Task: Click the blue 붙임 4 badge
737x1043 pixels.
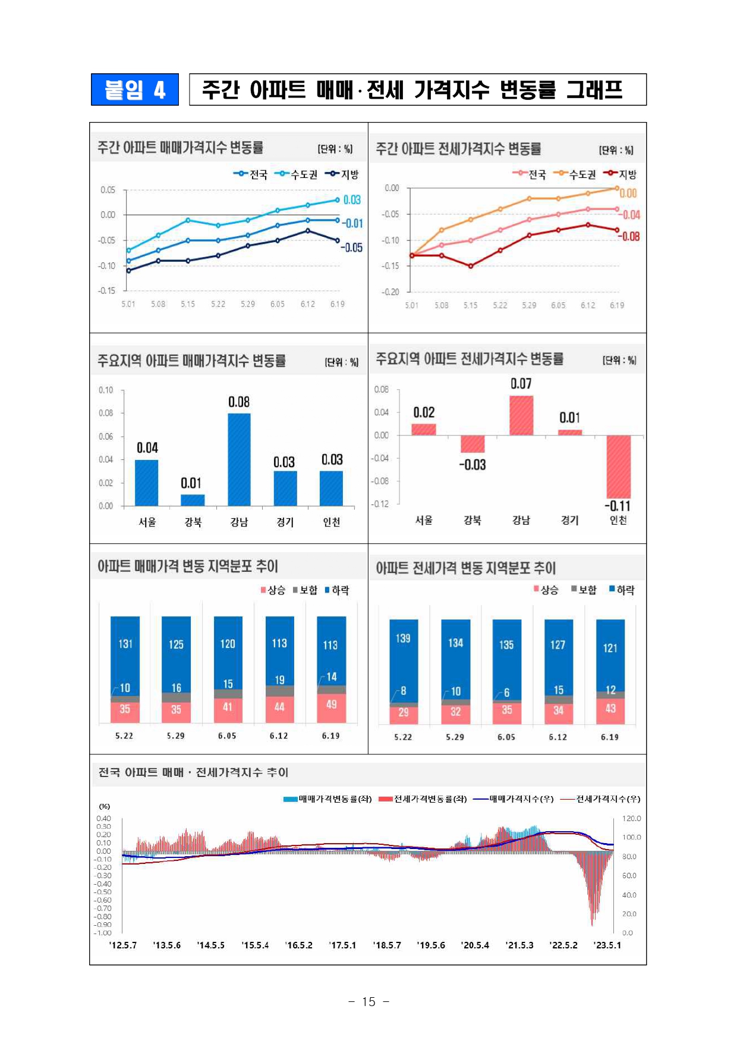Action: [134, 89]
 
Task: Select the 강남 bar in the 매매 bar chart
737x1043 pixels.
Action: [239, 459]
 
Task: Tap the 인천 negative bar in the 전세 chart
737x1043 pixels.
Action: [618, 466]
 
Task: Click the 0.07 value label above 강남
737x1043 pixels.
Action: [521, 384]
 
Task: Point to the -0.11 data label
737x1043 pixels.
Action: [618, 506]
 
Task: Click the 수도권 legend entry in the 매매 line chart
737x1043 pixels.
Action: [298, 174]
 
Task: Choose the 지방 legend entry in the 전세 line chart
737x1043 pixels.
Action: [621, 174]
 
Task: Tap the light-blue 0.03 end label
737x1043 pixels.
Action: [352, 200]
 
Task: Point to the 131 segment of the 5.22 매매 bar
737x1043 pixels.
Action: [125, 644]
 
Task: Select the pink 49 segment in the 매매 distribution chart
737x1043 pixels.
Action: [331, 705]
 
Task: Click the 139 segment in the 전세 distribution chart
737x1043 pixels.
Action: [403, 638]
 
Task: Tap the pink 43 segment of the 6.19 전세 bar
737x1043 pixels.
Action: [610, 709]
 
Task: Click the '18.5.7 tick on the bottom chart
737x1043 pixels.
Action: [387, 945]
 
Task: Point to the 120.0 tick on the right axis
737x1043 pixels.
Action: [631, 819]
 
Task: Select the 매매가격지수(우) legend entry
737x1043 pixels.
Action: [515, 799]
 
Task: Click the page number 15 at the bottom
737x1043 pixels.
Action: [368, 1002]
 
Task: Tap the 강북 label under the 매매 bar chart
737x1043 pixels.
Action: [193, 522]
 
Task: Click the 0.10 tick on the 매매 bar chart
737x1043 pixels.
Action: [106, 390]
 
